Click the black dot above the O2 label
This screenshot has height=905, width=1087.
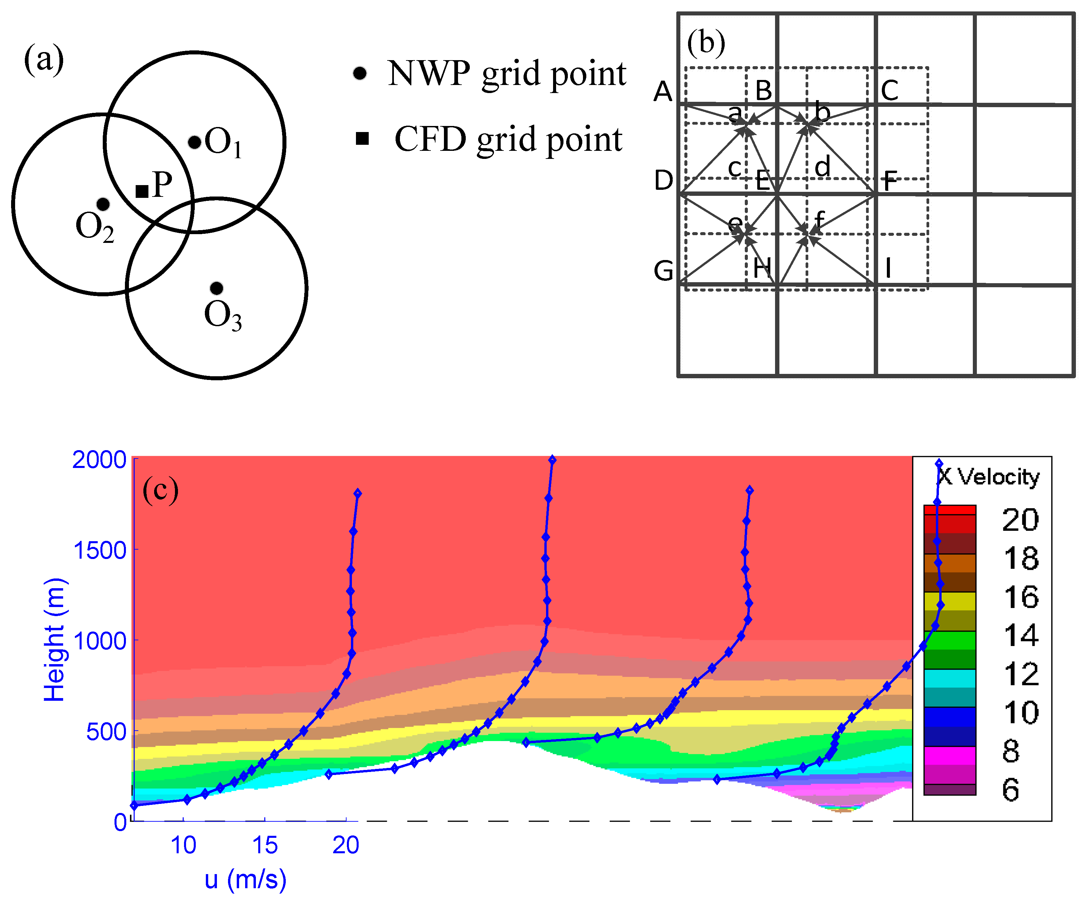(x=103, y=204)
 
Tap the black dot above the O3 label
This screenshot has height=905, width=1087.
(x=216, y=288)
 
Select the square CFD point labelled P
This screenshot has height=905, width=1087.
(x=142, y=191)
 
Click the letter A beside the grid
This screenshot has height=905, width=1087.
(x=663, y=92)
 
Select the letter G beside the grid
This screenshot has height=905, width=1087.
(x=664, y=271)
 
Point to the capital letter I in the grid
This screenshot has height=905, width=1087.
(x=888, y=268)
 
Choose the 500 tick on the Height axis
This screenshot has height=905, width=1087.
(x=106, y=732)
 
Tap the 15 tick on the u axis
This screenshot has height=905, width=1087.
(x=265, y=845)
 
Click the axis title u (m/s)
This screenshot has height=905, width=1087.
(x=245, y=879)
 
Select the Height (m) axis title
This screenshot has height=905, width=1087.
(x=54, y=640)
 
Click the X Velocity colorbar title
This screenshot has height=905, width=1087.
(x=989, y=477)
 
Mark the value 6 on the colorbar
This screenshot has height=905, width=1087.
(x=1010, y=790)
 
